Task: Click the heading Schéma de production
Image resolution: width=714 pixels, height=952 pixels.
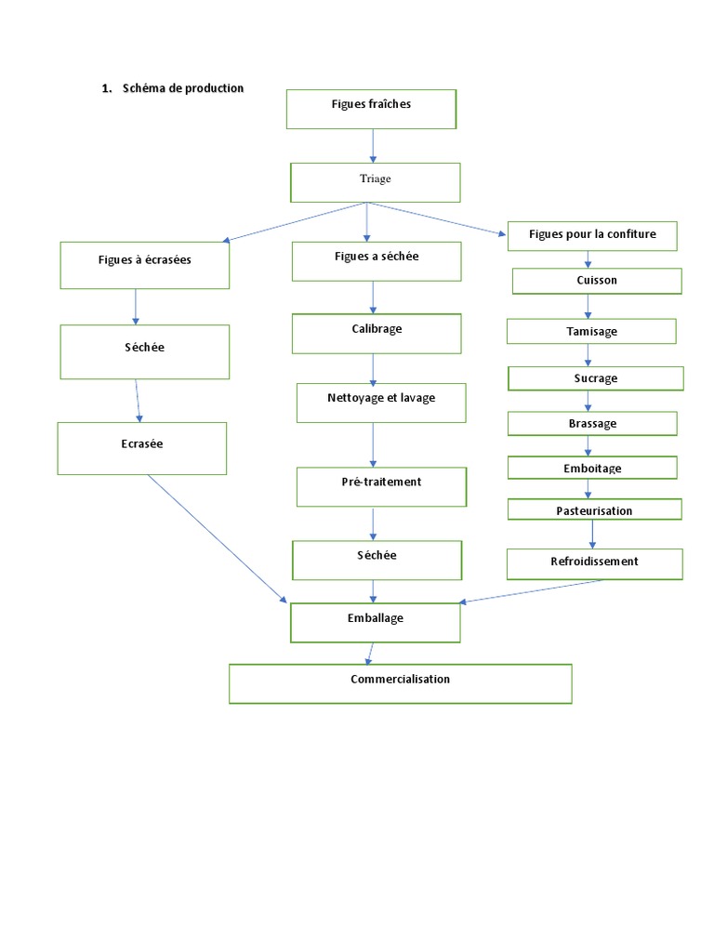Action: pyautogui.click(x=181, y=88)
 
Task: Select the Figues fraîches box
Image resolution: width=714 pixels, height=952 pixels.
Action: pyautogui.click(x=371, y=109)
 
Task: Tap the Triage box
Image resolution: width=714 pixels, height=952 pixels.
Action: pyautogui.click(x=375, y=182)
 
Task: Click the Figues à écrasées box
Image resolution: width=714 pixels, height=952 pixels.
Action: pyautogui.click(x=144, y=265)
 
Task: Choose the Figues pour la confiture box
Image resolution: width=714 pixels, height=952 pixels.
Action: pyautogui.click(x=592, y=236)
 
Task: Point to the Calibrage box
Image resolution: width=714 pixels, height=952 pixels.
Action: pyautogui.click(x=377, y=334)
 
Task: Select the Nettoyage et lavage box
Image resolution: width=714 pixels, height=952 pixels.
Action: pyautogui.click(x=381, y=403)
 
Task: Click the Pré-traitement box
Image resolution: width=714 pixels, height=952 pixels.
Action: pyautogui.click(x=381, y=486)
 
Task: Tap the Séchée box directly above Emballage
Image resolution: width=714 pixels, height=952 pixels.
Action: pyautogui.click(x=377, y=560)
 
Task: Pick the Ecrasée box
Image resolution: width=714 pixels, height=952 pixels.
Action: pyautogui.click(x=141, y=448)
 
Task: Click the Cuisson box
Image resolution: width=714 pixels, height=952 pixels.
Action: pyautogui.click(x=597, y=281)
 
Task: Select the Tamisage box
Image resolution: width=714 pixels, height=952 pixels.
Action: pyautogui.click(x=591, y=331)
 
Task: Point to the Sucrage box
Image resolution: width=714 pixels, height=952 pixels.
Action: pyautogui.click(x=595, y=378)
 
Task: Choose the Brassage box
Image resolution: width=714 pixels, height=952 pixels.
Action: pyautogui.click(x=592, y=423)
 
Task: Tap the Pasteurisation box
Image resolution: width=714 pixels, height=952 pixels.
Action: pyautogui.click(x=594, y=509)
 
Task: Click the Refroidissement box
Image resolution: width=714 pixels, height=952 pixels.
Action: pyautogui.click(x=594, y=563)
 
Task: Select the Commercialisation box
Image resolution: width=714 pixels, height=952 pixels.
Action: pyautogui.click(x=400, y=683)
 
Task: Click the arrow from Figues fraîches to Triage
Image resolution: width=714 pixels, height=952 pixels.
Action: pyautogui.click(x=373, y=145)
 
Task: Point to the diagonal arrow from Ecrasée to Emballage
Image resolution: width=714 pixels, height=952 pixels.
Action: pyautogui.click(x=218, y=539)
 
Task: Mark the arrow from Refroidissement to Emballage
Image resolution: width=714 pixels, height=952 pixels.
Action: pyautogui.click(x=530, y=591)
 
